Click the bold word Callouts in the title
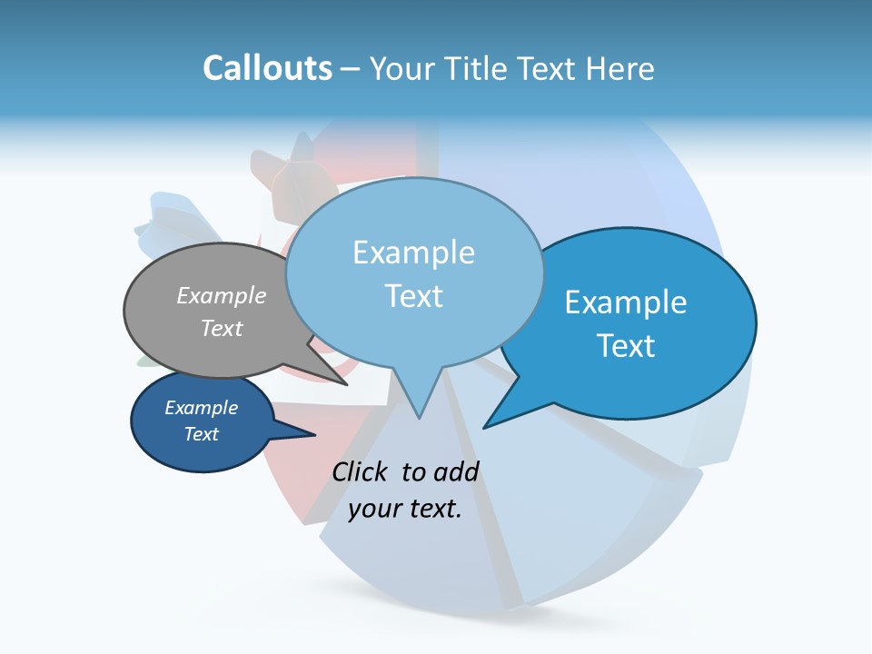[267, 68]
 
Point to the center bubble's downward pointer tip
[420, 418]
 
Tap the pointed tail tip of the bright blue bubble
[484, 427]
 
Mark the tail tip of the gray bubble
[348, 385]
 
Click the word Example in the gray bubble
[222, 295]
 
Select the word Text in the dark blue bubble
[201, 434]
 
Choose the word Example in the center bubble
[413, 253]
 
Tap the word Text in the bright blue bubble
[626, 346]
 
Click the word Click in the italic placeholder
[362, 471]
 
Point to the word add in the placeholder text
[457, 471]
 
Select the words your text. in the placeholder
[405, 509]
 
